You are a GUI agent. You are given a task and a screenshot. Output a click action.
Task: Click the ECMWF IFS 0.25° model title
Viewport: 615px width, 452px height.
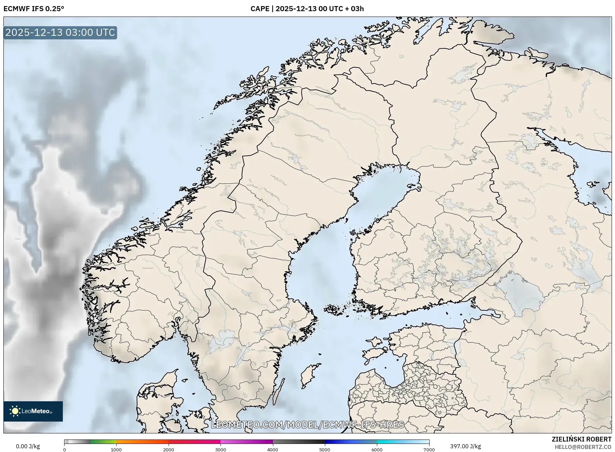[34, 9]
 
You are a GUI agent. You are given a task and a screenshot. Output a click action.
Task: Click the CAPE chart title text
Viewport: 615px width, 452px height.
[307, 9]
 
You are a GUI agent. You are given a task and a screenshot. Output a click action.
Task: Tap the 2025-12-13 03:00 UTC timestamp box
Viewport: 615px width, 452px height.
[60, 32]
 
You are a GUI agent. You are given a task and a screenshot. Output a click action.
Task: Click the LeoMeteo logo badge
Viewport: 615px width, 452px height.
[33, 411]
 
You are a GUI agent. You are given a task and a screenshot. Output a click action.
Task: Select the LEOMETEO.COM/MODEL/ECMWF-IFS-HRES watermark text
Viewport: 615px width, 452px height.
[307, 425]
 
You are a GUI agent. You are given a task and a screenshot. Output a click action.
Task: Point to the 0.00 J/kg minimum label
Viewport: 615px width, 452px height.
[28, 446]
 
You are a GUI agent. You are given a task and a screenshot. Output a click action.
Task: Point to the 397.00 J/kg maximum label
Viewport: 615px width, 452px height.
[465, 446]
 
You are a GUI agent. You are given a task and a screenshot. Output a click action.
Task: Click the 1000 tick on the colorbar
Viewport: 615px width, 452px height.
[116, 449]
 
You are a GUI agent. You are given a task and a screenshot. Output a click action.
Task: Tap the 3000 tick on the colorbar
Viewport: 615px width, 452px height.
[221, 449]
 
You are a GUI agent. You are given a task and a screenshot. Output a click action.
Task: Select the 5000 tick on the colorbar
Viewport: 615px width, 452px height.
[325, 449]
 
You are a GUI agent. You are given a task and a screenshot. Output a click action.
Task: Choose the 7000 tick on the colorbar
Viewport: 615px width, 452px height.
[429, 449]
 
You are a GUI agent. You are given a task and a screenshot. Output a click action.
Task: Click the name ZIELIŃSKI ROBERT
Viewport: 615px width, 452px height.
[581, 439]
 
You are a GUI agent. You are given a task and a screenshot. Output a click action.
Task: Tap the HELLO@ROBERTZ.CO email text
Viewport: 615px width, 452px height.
[583, 447]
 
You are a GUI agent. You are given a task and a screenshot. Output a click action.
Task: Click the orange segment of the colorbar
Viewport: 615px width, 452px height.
[142, 442]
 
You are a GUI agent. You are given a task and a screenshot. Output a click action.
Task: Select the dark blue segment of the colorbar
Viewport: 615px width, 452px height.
[338, 442]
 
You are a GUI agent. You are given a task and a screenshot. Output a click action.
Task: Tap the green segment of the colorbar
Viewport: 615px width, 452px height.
[103, 442]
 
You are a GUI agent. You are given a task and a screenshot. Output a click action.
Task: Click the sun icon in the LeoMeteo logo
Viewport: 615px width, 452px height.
[15, 411]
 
